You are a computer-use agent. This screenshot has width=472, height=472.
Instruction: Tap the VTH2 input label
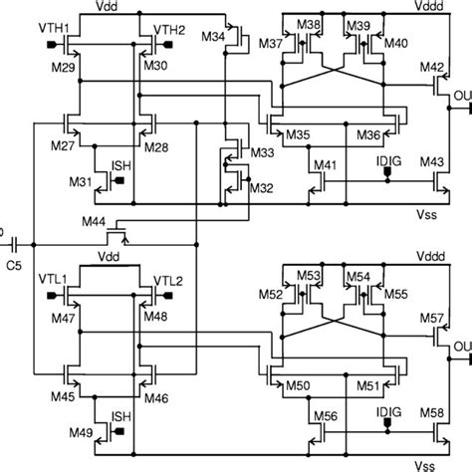[x=170, y=29]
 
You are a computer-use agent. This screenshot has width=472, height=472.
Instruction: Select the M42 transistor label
[x=430, y=68]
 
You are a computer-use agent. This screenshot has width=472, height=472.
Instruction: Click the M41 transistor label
[x=326, y=163]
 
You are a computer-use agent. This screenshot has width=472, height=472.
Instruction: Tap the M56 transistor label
[x=326, y=416]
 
